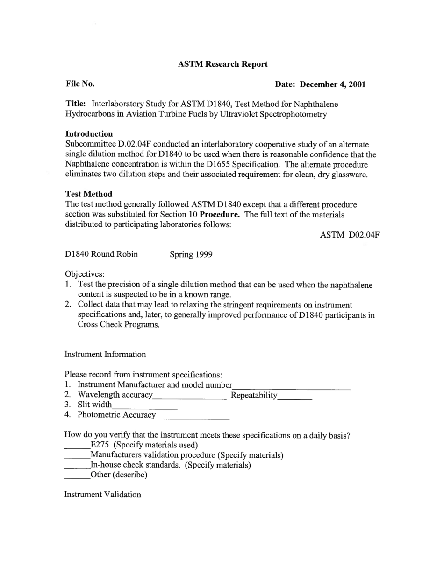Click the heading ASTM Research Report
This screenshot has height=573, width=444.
[222, 64]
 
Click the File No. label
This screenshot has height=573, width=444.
[80, 84]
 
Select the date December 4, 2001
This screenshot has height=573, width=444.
[332, 84]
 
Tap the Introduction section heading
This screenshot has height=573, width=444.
[89, 134]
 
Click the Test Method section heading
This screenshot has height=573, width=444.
[89, 194]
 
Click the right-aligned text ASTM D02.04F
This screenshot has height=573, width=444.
[349, 235]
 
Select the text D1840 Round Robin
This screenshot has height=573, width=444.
[101, 254]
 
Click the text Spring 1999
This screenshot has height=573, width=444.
[191, 254]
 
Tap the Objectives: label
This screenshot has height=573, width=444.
[85, 274]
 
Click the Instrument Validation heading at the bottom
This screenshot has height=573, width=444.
[102, 495]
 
